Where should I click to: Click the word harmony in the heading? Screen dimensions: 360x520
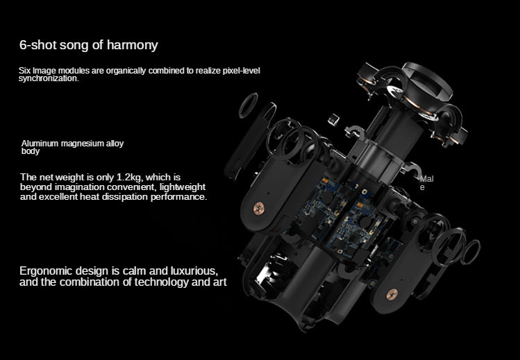click(x=134, y=46)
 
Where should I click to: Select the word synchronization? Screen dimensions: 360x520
click(x=49, y=78)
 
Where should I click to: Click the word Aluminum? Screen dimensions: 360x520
click(x=40, y=144)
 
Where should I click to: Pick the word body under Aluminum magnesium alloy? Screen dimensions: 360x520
click(x=31, y=151)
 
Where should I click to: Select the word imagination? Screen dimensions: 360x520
click(x=81, y=187)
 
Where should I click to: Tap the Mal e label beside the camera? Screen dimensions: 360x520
click(x=426, y=183)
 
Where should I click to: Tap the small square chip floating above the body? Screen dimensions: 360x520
click(x=333, y=119)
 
